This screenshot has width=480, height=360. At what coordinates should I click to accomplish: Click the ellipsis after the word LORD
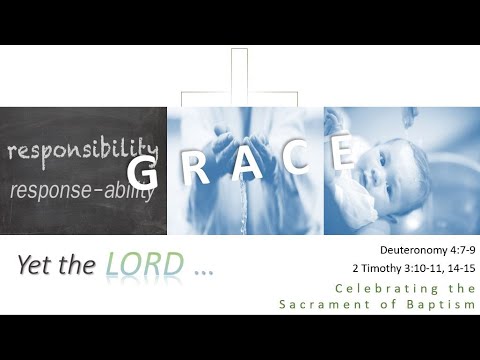pyautogui.click(x=204, y=270)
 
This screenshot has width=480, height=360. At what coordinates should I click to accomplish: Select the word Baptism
pyautogui.click(x=445, y=303)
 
